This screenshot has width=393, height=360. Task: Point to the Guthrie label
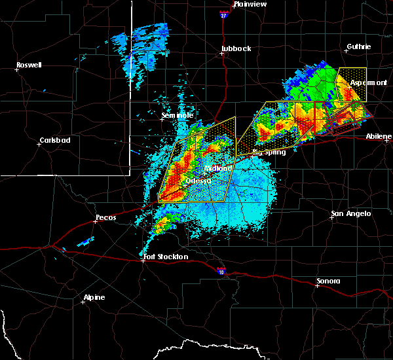pyautogui.click(x=359, y=46)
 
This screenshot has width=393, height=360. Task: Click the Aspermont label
pyautogui.click(x=368, y=83)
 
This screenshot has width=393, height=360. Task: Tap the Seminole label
pyautogui.click(x=178, y=116)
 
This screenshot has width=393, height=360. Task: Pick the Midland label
pyautogui.click(x=219, y=168)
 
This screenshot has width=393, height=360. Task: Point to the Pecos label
pyautogui.click(x=105, y=217)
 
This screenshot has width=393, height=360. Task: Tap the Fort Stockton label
pyautogui.click(x=166, y=257)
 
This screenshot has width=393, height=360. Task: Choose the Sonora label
pyautogui.click(x=328, y=281)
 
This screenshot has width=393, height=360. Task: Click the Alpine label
pyautogui.click(x=94, y=298)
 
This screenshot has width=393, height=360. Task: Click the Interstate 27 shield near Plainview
pyautogui.click(x=223, y=12)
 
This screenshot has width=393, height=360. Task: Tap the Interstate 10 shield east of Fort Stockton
pyautogui.click(x=220, y=269)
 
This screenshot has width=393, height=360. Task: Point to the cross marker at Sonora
pyautogui.click(x=318, y=285)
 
